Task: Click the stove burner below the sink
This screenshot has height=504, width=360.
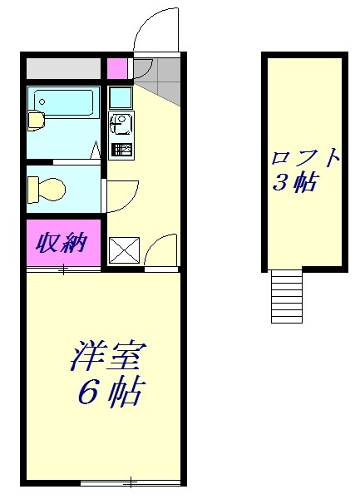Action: click(x=121, y=151)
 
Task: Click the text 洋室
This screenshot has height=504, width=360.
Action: click(x=107, y=358)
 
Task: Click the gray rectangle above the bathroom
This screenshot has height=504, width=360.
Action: click(x=63, y=67)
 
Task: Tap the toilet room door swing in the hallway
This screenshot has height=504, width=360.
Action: click(x=119, y=196)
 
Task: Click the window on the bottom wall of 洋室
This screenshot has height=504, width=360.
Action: click(x=131, y=482)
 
